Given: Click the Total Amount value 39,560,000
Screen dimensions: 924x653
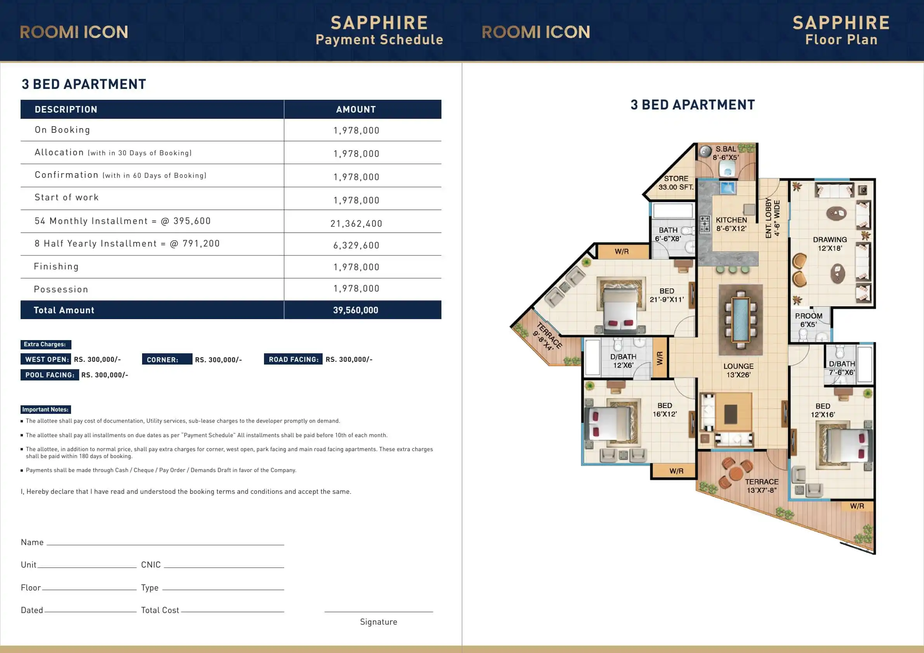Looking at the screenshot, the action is (355, 310).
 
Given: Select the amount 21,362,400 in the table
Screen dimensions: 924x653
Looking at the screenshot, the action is (356, 224).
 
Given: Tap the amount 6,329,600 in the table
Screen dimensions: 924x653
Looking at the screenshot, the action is (356, 245).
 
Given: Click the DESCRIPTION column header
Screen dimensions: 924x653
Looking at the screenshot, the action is (66, 109).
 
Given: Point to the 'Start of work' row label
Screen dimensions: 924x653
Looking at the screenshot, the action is (66, 197).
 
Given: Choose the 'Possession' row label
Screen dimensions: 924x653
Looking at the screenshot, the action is (61, 289).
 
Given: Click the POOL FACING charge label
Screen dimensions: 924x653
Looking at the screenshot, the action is (50, 375).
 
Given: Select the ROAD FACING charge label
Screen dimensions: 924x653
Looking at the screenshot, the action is (294, 359).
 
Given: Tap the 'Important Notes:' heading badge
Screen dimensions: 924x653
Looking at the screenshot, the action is (45, 410).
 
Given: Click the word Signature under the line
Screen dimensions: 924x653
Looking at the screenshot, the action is (378, 622).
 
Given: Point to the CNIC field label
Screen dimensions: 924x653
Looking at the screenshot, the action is (151, 565).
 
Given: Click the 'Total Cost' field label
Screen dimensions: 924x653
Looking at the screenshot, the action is (160, 610).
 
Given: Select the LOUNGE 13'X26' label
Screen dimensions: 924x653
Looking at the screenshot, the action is (738, 370).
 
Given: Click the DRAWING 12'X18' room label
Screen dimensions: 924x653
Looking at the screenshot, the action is (830, 244).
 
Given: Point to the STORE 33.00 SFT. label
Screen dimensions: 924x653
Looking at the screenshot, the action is (676, 183).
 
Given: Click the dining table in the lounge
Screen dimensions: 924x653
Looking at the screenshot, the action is (740, 320).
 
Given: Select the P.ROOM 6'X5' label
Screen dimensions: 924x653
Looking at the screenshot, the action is (808, 320).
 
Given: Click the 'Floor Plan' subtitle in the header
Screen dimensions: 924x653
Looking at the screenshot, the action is (841, 40).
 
